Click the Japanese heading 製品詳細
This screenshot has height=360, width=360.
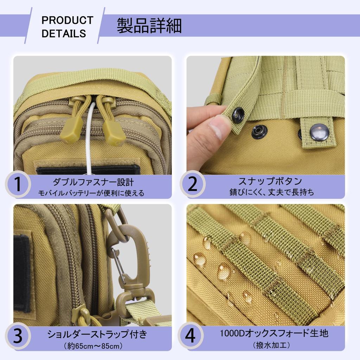point(149,25)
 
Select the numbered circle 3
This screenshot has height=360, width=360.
point(18,336)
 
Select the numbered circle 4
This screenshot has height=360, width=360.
point(190,336)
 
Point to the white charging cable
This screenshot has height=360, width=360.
point(89,141)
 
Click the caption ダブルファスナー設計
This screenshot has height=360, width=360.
point(93,182)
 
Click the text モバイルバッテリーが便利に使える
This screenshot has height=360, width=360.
point(91,193)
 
